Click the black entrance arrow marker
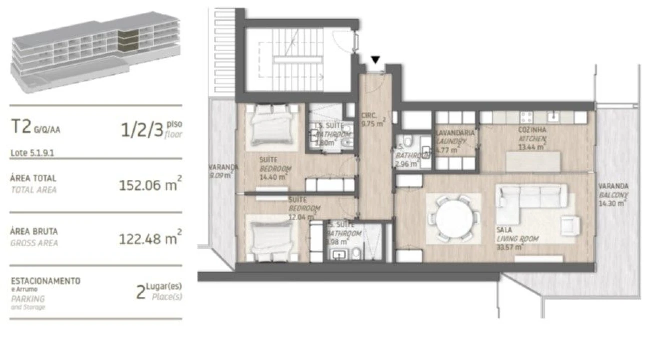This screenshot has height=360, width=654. click(x=375, y=60)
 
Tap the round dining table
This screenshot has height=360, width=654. click(x=453, y=218)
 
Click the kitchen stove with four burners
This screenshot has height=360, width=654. click(x=527, y=117)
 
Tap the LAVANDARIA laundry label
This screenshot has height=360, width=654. click(x=455, y=133)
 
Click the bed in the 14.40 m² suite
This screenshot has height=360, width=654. click(x=270, y=125)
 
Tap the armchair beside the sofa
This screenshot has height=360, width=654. click(x=570, y=225)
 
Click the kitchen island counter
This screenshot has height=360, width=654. click(x=533, y=161)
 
